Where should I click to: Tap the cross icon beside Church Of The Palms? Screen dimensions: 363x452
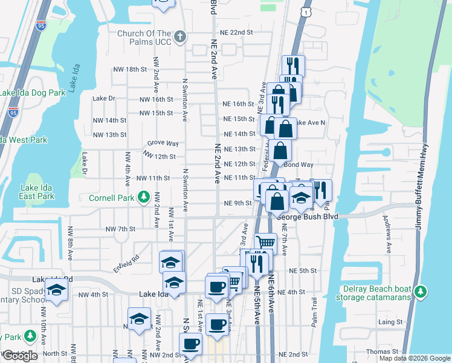click(179, 38)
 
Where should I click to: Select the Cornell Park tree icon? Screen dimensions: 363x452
click(143, 197)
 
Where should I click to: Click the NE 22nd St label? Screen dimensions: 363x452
click(236, 32)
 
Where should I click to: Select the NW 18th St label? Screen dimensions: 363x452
click(131, 70)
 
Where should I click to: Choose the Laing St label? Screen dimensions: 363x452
click(390, 323)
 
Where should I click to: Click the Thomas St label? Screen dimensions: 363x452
click(386, 351)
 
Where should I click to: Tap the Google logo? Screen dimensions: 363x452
click(20, 356)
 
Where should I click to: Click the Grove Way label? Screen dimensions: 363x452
click(163, 143)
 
